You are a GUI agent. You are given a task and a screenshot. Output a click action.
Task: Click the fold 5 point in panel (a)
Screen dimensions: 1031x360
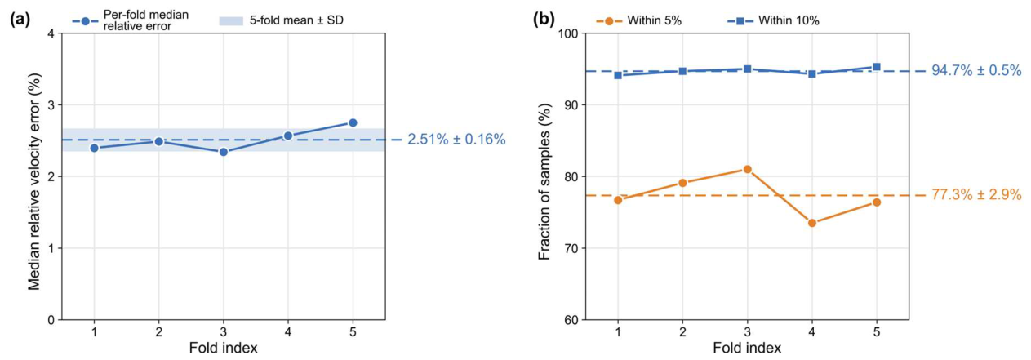point(353,122)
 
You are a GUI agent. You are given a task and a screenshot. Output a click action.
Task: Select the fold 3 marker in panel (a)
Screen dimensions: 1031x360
point(223,152)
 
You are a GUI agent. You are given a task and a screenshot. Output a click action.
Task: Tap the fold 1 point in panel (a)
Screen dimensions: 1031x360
point(95,148)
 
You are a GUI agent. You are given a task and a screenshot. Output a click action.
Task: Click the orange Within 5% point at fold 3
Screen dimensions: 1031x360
point(747,170)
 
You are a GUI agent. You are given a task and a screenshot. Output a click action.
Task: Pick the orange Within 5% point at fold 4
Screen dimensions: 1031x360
point(812,223)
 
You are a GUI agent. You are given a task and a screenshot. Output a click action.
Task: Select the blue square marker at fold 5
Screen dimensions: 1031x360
point(877,67)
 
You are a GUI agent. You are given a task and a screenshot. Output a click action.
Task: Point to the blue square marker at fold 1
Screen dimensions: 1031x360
point(618,75)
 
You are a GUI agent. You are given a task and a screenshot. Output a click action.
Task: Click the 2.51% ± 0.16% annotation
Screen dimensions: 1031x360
point(456,139)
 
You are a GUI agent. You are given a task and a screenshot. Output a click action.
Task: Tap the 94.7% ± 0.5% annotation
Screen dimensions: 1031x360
point(976,70)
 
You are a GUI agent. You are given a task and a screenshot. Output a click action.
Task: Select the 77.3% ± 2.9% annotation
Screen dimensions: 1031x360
point(976,195)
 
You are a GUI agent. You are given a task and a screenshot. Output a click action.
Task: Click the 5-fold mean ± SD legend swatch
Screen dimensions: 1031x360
point(230,20)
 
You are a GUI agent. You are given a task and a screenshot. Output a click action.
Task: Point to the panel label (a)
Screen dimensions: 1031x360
point(20,20)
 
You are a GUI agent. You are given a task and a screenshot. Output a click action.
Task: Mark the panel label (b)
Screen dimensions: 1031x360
point(544,20)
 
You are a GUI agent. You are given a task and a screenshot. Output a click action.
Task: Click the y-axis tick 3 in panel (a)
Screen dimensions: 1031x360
point(51,105)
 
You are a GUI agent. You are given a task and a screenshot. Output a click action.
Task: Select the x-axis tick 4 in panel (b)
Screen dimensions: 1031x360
point(812,331)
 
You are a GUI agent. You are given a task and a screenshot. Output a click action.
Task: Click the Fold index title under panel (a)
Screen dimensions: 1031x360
point(223,349)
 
